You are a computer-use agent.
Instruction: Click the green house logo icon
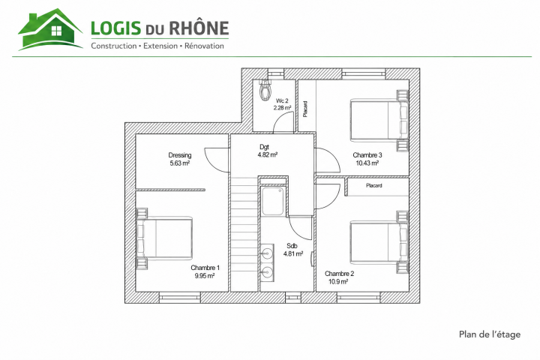click(x=50, y=29)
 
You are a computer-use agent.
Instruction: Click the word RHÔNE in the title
click(x=199, y=28)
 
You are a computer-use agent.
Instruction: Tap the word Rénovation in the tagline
click(x=204, y=46)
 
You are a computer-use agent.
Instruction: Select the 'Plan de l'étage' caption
click(x=489, y=334)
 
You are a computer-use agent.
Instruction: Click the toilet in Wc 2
click(x=265, y=90)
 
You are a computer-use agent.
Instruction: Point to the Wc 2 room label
click(x=282, y=101)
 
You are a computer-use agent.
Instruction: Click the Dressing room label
click(x=180, y=155)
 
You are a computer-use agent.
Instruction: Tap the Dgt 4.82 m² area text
click(x=268, y=151)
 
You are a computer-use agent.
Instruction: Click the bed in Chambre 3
click(x=379, y=120)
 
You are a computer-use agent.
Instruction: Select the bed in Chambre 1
click(x=164, y=237)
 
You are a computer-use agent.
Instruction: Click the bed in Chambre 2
click(x=379, y=241)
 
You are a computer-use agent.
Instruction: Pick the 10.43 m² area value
click(x=367, y=163)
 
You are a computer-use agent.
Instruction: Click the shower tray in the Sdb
click(x=273, y=201)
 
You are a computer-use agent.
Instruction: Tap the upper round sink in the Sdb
click(x=265, y=254)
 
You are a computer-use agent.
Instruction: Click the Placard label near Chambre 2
click(x=373, y=186)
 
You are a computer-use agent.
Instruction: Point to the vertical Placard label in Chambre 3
click(x=305, y=109)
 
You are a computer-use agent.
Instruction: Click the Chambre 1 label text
click(x=205, y=268)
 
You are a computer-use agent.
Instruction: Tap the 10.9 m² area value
click(x=338, y=282)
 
